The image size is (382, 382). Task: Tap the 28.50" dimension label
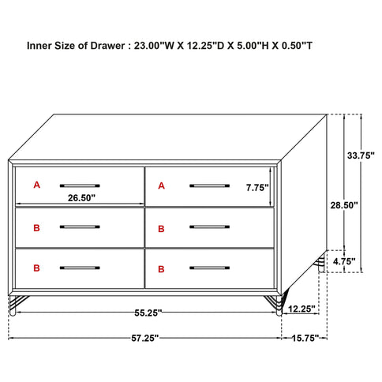pos(345,205)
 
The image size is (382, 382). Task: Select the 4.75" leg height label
pos(345,261)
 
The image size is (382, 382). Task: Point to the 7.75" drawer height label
pos(257,188)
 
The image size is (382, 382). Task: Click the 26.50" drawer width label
pos(81,197)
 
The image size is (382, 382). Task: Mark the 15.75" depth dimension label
pos(304,338)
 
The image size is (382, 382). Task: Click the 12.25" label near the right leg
pos(302,309)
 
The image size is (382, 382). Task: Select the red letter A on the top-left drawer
pos(36,185)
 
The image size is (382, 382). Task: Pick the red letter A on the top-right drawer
pos(161,185)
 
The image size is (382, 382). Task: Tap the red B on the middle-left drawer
pos(36,227)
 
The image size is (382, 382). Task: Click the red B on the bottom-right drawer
pos(161,270)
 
